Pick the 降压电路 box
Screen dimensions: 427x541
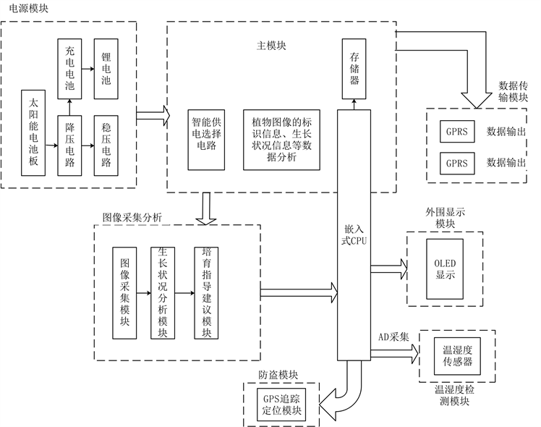coord(69,145)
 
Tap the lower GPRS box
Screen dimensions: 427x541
coord(456,163)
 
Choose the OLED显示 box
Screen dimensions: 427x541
coord(445,268)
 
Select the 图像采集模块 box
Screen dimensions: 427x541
coord(125,294)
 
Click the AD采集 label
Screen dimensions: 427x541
coord(394,337)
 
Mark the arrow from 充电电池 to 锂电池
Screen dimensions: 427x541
coord(88,69)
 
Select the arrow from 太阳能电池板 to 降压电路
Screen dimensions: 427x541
coord(50,145)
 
